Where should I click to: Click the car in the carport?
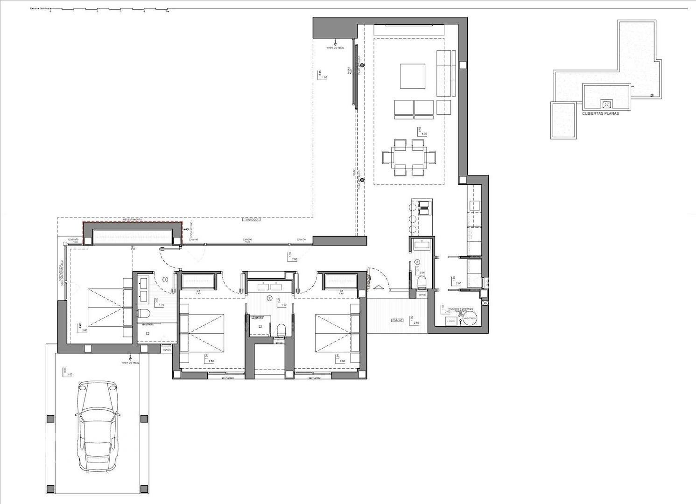click(97, 425)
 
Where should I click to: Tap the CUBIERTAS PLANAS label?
click(600, 113)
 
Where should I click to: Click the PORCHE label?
click(397, 320)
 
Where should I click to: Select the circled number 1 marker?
click(165, 280)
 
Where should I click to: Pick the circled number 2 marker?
click(269, 298)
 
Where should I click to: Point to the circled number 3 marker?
click(417, 262)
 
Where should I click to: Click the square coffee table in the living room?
click(413, 76)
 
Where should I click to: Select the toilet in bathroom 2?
click(281, 330)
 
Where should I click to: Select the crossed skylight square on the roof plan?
click(606, 104)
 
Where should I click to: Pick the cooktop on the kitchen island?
click(425, 207)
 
